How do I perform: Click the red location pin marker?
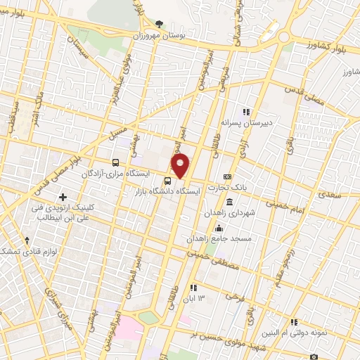point(181,166)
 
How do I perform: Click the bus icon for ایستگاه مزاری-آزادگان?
point(116,162)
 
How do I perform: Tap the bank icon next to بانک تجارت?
point(227,176)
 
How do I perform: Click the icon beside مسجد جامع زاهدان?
point(219,227)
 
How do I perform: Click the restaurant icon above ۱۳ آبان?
point(193,287)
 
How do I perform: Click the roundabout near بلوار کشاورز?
point(285,36)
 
